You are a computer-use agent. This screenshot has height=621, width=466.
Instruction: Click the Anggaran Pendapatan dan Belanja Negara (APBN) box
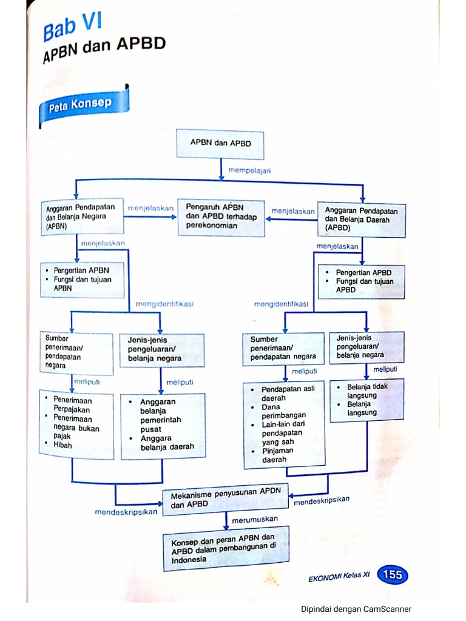point(81,217)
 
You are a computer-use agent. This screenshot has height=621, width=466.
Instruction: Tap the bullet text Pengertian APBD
point(363,272)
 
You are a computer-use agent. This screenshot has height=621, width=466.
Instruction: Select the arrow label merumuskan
point(254,520)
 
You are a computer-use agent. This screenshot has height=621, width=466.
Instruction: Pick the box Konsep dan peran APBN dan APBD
point(225,548)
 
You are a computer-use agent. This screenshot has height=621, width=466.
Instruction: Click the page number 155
point(392,574)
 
